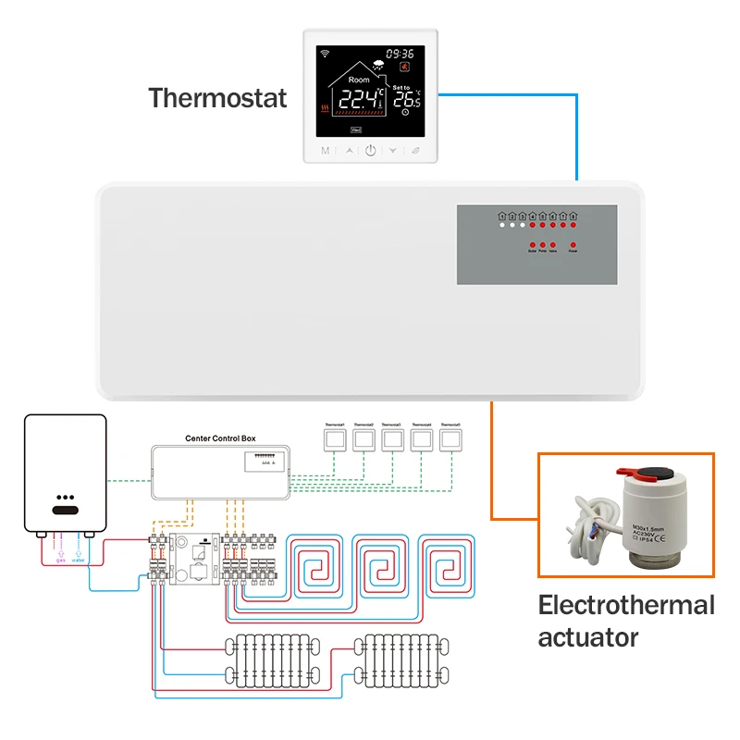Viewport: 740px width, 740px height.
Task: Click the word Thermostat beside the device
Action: [x=218, y=97]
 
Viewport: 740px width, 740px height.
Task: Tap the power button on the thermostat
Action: [x=370, y=150]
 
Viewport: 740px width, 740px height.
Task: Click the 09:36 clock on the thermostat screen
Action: [x=399, y=54]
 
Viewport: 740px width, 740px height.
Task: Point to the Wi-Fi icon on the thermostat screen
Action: [x=325, y=54]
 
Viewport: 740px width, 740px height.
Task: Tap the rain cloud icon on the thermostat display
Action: [x=378, y=66]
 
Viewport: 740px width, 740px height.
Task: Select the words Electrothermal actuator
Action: [x=626, y=621]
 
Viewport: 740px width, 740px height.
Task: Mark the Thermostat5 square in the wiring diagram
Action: [x=450, y=439]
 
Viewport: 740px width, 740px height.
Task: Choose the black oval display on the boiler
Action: [x=65, y=510]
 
